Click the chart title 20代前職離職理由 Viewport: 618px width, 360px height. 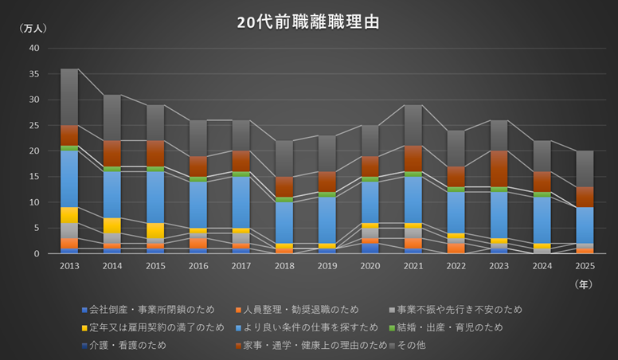pos(308,22)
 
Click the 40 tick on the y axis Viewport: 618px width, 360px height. pos(33,48)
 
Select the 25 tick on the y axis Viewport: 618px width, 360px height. pos(33,125)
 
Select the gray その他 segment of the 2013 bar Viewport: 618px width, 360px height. pos(69,96)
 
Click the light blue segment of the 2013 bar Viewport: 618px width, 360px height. pos(69,178)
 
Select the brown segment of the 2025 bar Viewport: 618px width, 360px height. pos(585,197)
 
